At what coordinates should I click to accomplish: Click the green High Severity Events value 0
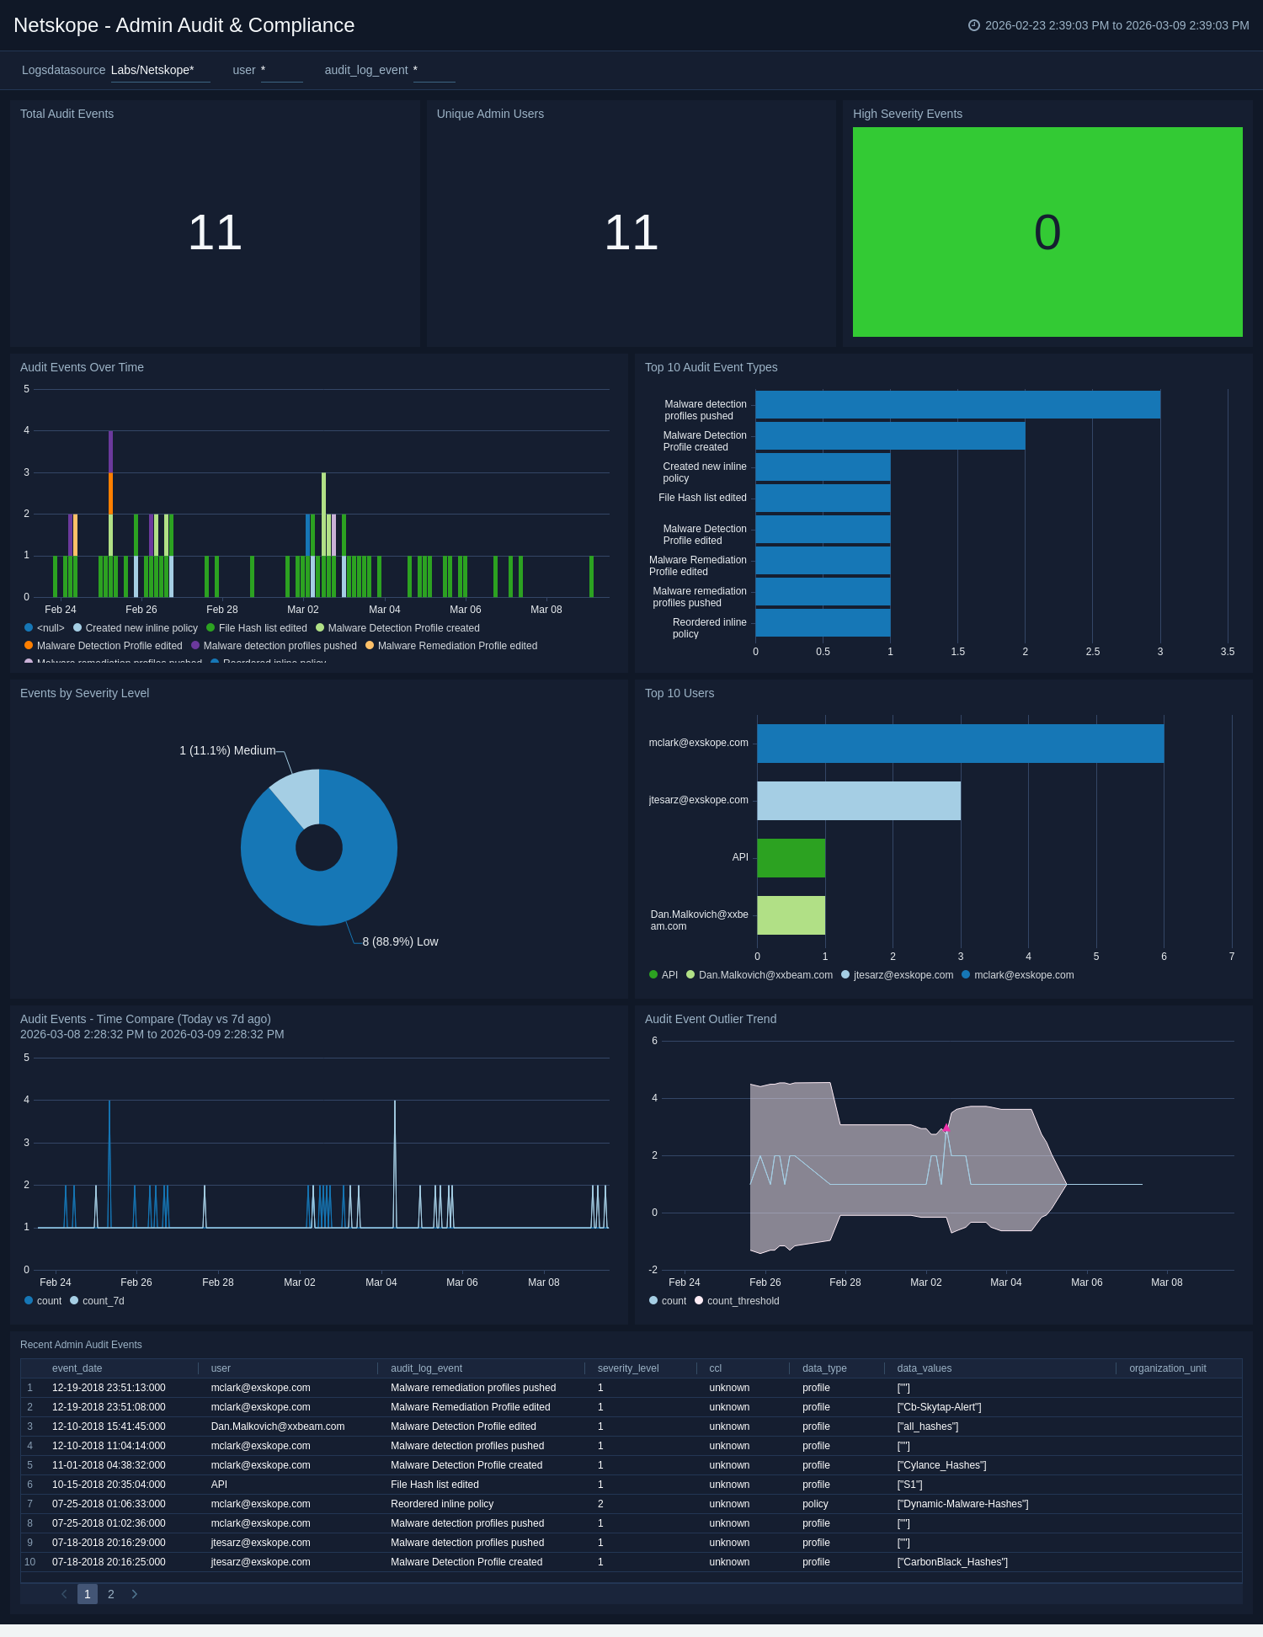(x=1047, y=232)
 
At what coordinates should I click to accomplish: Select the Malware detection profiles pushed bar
(x=957, y=405)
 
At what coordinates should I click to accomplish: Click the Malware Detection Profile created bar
(x=890, y=436)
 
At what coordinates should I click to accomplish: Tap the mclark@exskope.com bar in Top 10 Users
(x=960, y=744)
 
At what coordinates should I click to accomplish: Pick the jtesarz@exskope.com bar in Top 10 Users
(x=859, y=801)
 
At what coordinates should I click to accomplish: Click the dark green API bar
(x=791, y=858)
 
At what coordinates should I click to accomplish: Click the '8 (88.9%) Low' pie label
(x=400, y=941)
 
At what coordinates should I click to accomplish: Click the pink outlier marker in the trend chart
(x=946, y=1128)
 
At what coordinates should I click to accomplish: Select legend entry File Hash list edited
(x=262, y=628)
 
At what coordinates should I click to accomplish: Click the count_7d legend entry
(x=103, y=1301)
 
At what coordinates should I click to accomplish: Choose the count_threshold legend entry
(x=743, y=1301)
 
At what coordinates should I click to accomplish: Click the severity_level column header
(x=628, y=1368)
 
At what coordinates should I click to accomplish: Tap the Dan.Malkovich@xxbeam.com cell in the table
(x=278, y=1426)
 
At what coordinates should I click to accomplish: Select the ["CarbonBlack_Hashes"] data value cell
(x=952, y=1562)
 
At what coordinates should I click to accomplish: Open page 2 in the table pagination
(x=110, y=1594)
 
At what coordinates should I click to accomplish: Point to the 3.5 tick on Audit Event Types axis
(x=1227, y=652)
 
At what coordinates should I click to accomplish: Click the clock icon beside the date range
(x=974, y=25)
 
